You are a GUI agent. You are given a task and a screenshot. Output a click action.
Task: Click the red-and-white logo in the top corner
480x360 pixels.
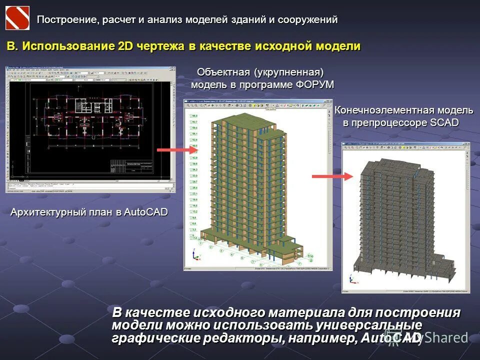[x=17, y=18]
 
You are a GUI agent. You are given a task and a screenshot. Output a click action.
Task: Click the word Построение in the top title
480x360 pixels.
[x=67, y=19]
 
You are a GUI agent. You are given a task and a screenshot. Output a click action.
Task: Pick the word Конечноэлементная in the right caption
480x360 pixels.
[x=384, y=110]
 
